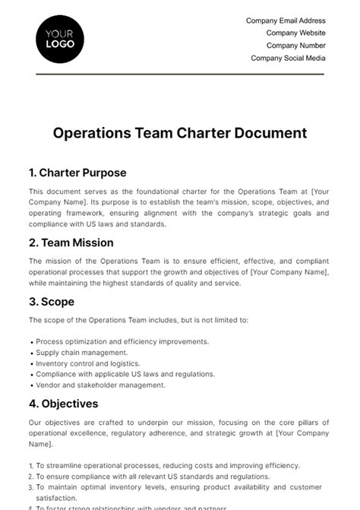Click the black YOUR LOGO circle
[x=60, y=38]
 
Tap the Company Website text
[x=295, y=33]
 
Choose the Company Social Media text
[x=288, y=58]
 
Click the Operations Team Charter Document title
[x=180, y=133]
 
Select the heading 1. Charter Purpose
[x=77, y=173]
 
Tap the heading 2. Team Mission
[x=71, y=242]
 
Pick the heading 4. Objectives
[x=64, y=404]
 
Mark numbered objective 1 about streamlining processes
[x=164, y=465]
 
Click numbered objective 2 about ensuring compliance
[x=159, y=476]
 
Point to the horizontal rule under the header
[x=180, y=74]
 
